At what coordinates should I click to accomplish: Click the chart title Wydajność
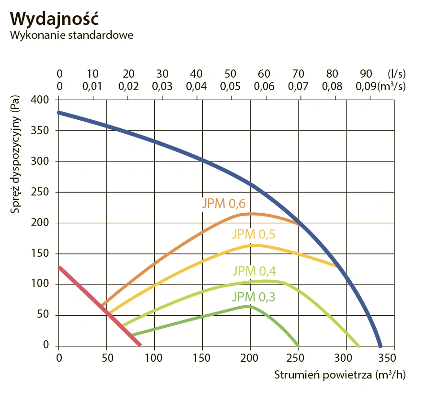54,18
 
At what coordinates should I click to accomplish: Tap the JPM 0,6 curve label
223,203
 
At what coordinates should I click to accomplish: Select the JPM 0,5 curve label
254,234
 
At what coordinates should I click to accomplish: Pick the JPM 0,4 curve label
254,270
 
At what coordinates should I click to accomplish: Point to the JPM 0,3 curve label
254,297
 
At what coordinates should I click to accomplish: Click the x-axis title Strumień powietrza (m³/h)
340,374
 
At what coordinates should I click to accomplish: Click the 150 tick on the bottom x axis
202,357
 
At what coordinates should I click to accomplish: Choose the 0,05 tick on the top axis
231,87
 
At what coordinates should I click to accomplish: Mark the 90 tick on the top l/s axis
366,74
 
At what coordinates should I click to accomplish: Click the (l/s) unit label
396,74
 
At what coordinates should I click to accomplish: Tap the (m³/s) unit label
392,87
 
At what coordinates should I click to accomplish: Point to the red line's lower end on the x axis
139,345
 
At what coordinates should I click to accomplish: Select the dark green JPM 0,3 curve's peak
248,306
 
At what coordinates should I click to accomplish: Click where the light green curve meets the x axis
358,345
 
